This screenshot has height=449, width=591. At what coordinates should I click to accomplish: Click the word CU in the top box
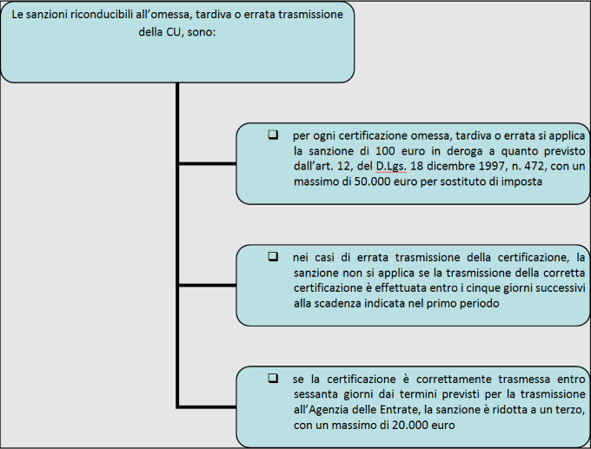point(173,31)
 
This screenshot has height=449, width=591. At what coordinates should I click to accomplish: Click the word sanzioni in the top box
point(47,14)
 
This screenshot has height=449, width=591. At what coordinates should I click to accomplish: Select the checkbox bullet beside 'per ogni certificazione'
point(273,135)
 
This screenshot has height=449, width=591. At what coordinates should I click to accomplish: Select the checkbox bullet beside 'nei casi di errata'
point(273,257)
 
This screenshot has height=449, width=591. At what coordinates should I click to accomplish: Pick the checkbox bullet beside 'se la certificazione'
point(273,378)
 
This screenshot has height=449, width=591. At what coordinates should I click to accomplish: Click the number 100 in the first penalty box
point(385,151)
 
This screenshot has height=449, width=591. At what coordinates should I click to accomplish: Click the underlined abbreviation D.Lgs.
point(391,167)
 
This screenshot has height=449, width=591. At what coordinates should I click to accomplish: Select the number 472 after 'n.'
point(535,166)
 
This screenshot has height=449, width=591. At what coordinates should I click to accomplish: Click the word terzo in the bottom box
point(570,409)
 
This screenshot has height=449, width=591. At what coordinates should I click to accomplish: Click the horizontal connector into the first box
point(208,163)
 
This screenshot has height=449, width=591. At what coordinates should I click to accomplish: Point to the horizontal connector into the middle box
point(208,286)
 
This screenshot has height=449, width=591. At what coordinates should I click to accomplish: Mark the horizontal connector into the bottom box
point(206,406)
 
